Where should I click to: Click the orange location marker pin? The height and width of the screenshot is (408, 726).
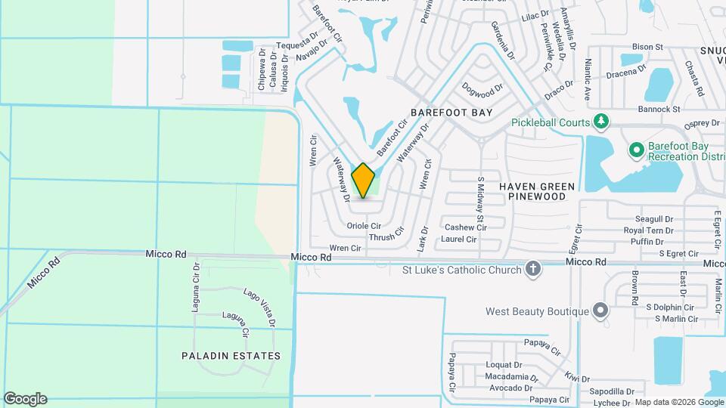pos(363,181)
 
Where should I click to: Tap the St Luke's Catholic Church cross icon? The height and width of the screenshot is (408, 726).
pos(533,270)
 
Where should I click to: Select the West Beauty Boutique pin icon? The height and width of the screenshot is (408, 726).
pos(600,311)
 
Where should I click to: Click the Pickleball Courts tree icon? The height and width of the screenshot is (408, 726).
pos(601,122)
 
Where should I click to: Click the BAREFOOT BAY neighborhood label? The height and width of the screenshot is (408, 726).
pos(451,113)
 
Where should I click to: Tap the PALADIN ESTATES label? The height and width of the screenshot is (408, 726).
pos(231,355)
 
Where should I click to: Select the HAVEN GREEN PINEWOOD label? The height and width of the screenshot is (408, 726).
pos(537,191)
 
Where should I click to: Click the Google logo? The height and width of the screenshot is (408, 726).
pos(25,399)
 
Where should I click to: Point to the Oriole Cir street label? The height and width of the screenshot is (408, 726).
pos(364,226)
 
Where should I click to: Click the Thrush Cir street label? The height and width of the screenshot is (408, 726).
pos(387,237)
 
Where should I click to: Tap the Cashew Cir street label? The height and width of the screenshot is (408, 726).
pos(465,227)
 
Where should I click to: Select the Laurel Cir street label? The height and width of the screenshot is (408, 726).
pos(459,240)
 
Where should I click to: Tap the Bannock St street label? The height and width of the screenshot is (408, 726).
pos(657,110)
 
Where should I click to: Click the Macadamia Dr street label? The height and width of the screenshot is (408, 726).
pos(512,376)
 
